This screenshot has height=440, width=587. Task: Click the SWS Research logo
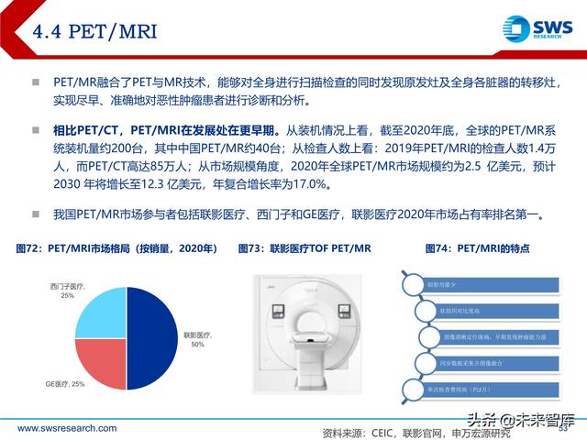click(x=538, y=29)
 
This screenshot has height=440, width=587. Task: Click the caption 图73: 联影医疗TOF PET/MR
click(x=305, y=248)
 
